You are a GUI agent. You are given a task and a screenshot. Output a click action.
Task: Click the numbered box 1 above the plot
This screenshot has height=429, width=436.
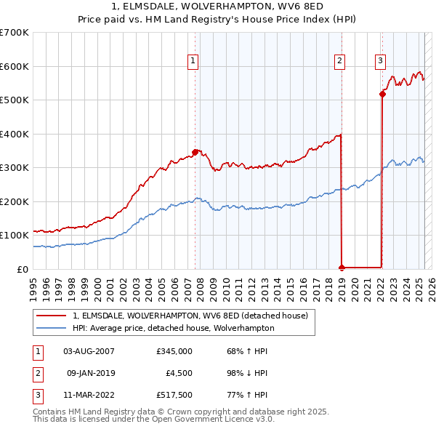click(x=193, y=62)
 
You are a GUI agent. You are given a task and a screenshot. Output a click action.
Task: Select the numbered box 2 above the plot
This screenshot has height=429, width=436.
click(x=339, y=62)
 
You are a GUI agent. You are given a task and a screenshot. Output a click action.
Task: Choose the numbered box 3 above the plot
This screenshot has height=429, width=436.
click(x=381, y=62)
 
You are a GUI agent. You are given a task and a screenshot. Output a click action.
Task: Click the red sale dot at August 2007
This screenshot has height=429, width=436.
click(x=195, y=152)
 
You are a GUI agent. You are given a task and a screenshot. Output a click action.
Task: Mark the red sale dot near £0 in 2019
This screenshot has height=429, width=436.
click(x=342, y=268)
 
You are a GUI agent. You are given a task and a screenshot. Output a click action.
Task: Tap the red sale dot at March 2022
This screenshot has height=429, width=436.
click(x=382, y=93)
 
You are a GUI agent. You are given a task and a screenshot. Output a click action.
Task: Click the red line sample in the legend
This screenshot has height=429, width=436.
click(x=52, y=316)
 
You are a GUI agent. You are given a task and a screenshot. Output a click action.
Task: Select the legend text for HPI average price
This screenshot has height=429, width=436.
click(x=173, y=328)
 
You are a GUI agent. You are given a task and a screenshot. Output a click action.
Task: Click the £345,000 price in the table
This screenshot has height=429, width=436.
click(x=174, y=351)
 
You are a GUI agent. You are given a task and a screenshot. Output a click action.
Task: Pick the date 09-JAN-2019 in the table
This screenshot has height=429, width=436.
click(x=91, y=373)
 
